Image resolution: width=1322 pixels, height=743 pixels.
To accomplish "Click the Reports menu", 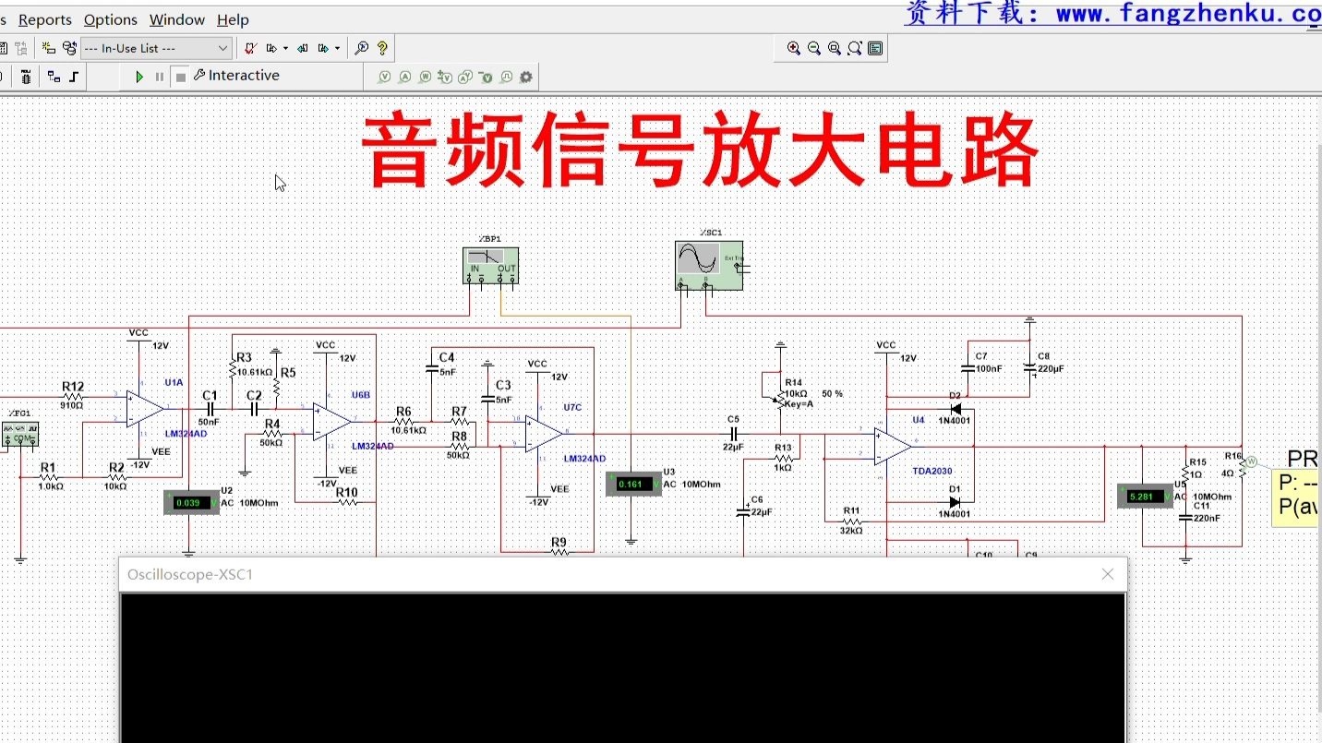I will (x=45, y=19).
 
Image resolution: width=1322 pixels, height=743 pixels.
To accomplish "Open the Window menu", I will (x=176, y=19).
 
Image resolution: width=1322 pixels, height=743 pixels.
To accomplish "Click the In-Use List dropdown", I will (x=155, y=48).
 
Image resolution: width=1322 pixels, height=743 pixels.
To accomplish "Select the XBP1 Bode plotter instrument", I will (x=490, y=265).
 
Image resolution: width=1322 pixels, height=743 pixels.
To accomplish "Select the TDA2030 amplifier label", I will (x=931, y=471).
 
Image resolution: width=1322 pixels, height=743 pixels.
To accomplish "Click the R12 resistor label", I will (x=73, y=387).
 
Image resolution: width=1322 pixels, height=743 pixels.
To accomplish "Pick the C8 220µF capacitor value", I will (x=1051, y=368).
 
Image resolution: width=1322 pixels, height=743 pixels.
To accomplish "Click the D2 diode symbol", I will (x=955, y=409).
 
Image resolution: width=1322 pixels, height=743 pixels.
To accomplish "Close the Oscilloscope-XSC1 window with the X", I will (x=1108, y=574).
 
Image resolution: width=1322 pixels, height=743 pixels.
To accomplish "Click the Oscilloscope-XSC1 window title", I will (x=190, y=574).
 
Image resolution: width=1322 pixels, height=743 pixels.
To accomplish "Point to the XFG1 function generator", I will (x=19, y=433).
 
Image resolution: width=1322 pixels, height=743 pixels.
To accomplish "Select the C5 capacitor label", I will (x=733, y=419).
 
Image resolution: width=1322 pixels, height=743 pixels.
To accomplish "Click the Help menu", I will (x=233, y=19).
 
